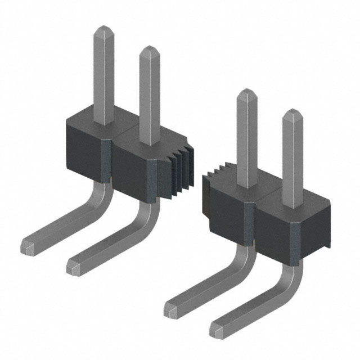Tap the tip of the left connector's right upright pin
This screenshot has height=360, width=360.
click(149, 49)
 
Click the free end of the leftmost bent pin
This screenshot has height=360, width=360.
click(28, 245)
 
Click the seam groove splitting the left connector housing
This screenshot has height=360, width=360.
click(110, 163)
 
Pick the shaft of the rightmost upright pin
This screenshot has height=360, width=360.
click(292, 157)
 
